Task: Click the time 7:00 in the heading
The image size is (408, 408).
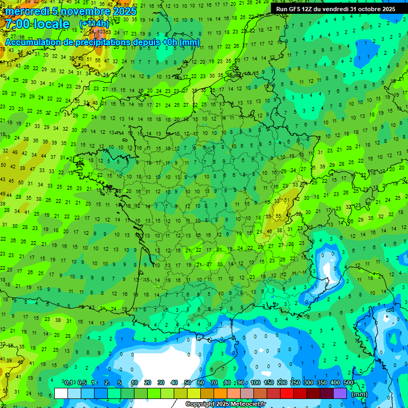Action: pyautogui.click(x=15, y=24)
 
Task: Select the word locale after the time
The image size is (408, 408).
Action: pyautogui.click(x=51, y=24)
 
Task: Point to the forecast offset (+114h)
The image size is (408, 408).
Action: pyautogui.click(x=94, y=24)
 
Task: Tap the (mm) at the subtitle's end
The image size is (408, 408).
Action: pyautogui.click(x=190, y=42)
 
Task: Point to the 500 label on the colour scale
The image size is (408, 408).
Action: pyautogui.click(x=348, y=382)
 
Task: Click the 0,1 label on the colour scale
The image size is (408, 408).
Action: pyautogui.click(x=69, y=382)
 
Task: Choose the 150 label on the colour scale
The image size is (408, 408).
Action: pyautogui.click(x=268, y=382)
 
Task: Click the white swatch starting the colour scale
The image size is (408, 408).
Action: pyautogui.click(x=61, y=393)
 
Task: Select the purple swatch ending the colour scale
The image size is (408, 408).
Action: pyautogui.click(x=340, y=393)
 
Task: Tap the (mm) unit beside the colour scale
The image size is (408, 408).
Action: pyautogui.click(x=360, y=394)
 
